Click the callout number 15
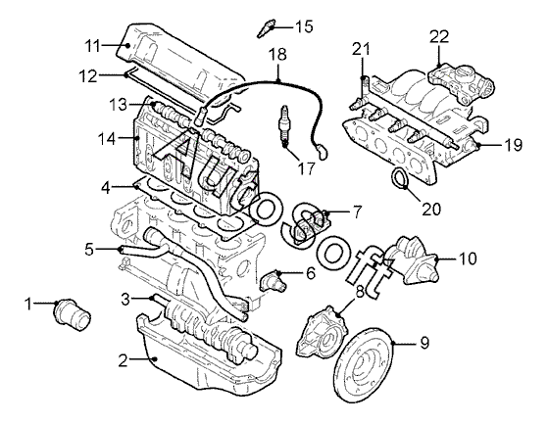tap(304, 26)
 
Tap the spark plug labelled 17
tap(283, 125)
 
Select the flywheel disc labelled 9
tap(364, 364)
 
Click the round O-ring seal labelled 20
tap(399, 178)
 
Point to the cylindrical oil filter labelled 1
tap(73, 313)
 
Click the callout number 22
tap(439, 36)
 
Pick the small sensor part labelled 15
tap(267, 28)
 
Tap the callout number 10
tap(467, 259)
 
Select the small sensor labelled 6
tap(274, 281)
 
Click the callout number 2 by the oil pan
tap(123, 360)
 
